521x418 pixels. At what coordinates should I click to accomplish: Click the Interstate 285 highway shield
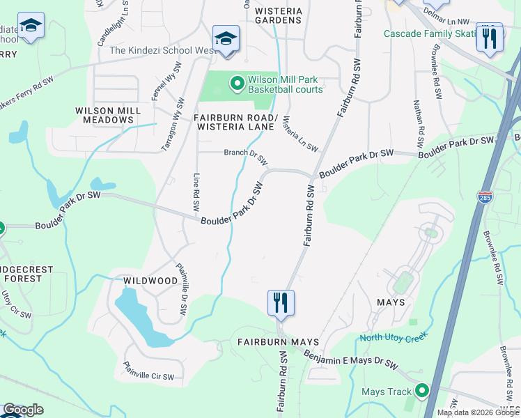485,197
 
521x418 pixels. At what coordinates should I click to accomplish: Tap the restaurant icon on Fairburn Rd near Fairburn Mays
281,303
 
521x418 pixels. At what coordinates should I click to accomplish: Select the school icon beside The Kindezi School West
226,38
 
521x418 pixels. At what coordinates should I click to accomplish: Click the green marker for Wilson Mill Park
237,84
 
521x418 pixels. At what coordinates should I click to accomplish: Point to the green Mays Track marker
421,391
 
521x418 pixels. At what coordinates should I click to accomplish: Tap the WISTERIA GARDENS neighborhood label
279,15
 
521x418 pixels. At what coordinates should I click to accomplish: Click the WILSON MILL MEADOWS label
104,115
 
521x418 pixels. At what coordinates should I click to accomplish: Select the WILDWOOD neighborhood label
150,281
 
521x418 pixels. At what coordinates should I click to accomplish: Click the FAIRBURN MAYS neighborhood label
278,342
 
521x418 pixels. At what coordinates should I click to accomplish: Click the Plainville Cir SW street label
148,371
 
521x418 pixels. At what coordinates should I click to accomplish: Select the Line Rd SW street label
196,192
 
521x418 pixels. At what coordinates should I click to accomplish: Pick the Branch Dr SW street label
245,156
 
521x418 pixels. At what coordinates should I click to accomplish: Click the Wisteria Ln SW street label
300,134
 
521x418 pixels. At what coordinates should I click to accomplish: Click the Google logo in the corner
23,410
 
